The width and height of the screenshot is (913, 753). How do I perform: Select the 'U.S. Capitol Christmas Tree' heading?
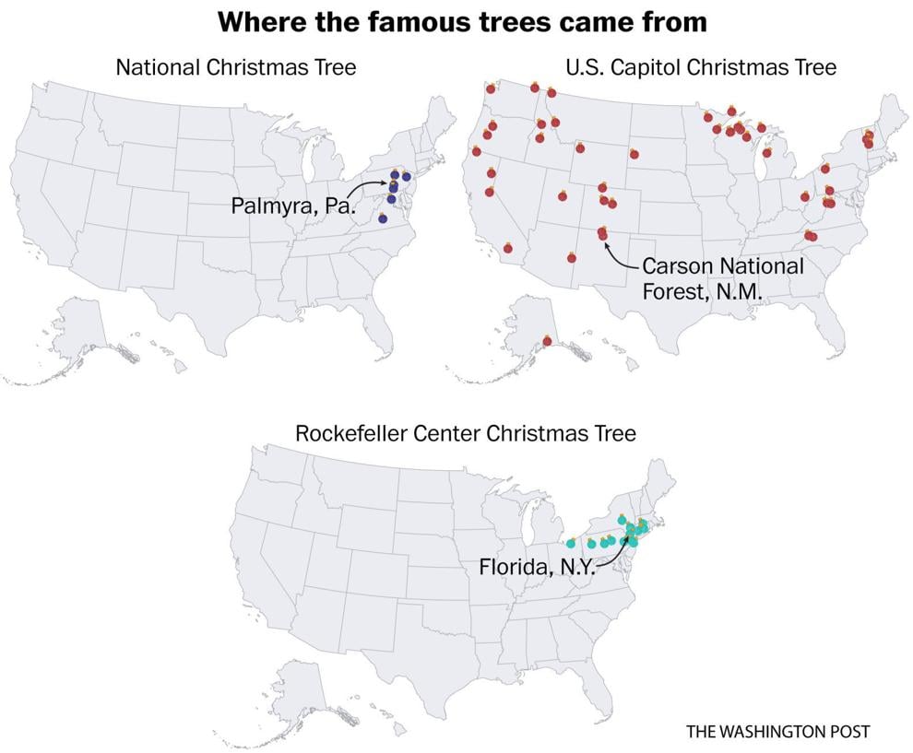[700, 66]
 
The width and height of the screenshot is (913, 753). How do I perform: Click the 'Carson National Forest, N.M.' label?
[722, 278]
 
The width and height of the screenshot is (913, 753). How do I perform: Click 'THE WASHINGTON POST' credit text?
[777, 731]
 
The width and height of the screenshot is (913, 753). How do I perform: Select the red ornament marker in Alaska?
[547, 342]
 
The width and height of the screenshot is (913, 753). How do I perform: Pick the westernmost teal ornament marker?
[571, 543]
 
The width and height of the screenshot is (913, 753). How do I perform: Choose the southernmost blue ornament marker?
[383, 218]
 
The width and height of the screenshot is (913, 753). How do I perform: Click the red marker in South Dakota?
[634, 154]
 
